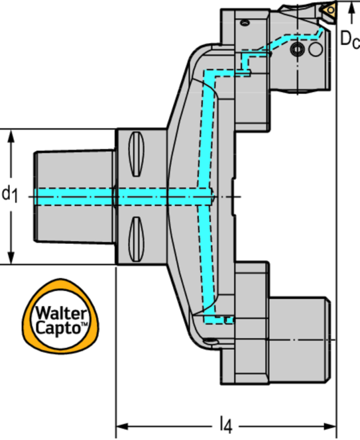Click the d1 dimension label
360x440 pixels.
(9, 194)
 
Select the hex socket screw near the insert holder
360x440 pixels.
(297, 50)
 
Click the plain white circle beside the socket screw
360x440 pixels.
(315, 50)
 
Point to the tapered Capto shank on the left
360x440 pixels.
(74, 196)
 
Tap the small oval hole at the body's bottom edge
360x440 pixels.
(210, 342)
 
